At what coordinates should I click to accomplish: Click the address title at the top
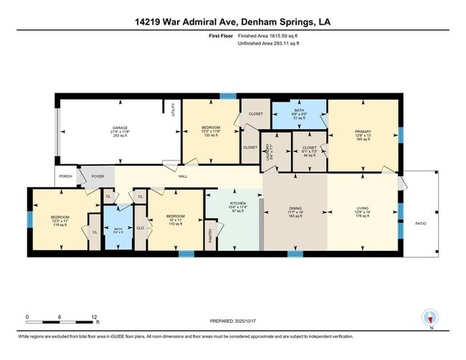coord(232,22)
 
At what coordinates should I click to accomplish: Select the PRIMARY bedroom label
coord(363,132)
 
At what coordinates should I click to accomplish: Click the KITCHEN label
coord(237,204)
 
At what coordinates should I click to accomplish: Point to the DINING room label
coord(295,210)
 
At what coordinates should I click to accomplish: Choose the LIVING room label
coord(363,210)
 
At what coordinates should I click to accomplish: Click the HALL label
coord(183,175)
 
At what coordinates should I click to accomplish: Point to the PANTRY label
coord(211,235)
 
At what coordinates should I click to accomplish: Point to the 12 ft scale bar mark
coord(95,316)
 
